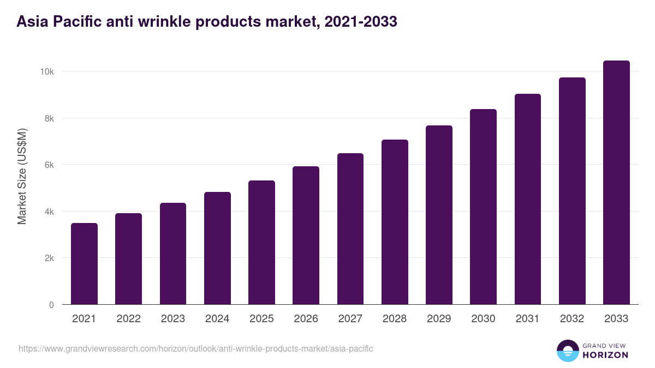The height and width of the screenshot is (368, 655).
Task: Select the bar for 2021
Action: tap(84, 264)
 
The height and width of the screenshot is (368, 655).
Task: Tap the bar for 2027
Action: tap(350, 229)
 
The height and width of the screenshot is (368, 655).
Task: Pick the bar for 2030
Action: tap(483, 207)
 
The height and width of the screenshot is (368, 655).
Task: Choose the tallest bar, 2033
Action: tap(616, 183)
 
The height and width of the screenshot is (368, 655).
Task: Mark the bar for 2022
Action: tap(128, 259)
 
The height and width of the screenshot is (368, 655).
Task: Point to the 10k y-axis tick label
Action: tap(46, 72)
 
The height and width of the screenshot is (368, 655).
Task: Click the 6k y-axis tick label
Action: tap(49, 165)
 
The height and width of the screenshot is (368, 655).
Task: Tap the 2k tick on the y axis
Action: tap(49, 258)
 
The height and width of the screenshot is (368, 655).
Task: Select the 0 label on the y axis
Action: tap(51, 305)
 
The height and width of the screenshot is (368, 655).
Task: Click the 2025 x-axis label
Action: tap(261, 319)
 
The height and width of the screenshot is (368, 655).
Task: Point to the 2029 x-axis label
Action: tap(439, 319)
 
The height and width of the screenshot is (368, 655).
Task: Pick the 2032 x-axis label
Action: tap(572, 319)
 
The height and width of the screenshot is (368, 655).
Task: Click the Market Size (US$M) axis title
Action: tap(22, 176)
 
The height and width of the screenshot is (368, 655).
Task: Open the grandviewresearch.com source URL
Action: tap(196, 348)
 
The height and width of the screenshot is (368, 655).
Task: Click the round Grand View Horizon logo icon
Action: tap(567, 351)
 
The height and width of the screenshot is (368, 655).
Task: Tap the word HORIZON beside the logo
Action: tap(605, 355)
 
